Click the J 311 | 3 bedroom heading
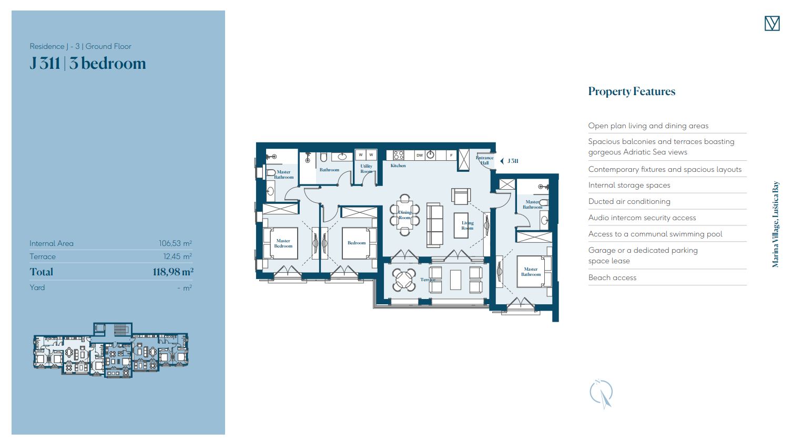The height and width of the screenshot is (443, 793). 88,64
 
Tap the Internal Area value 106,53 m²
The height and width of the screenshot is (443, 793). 175,243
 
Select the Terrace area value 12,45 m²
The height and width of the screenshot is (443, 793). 177,256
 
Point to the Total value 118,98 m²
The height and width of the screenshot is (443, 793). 173,272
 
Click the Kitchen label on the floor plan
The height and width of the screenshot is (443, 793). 398,166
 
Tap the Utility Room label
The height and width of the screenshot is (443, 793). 366,169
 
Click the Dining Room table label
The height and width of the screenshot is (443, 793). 404,215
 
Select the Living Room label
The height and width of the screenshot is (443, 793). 467,225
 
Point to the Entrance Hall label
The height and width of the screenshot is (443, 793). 484,160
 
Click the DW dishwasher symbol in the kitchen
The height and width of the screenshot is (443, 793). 420,156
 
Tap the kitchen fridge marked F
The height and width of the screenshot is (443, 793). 451,156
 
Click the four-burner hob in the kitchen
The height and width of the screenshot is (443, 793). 399,156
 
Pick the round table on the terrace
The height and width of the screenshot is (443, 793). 403,280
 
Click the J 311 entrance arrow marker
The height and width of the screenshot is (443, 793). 502,161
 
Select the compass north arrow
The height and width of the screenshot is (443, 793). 602,394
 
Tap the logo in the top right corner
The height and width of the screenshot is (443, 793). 772,23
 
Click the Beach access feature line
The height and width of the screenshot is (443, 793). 612,278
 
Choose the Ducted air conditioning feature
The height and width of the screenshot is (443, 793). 629,201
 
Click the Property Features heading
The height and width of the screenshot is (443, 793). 632,91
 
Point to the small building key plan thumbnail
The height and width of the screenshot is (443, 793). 111,351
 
